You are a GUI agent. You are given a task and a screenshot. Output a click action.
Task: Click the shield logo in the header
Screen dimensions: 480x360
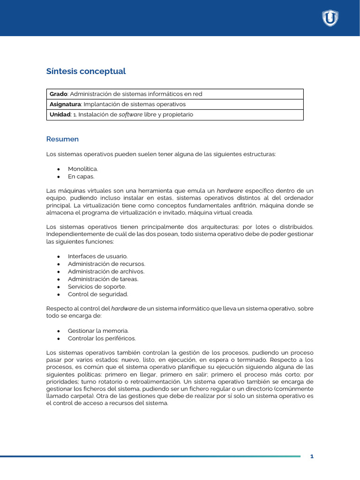330,18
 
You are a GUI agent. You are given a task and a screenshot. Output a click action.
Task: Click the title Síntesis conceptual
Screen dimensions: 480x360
86,71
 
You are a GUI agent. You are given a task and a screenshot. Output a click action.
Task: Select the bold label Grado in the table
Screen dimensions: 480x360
59,94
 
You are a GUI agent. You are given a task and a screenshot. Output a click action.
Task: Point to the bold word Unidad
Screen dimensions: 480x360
60,114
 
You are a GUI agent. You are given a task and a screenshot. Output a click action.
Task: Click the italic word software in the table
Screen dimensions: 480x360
130,114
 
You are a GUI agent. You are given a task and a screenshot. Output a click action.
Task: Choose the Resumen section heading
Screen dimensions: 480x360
62,139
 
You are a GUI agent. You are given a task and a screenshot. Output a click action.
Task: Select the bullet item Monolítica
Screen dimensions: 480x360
83,169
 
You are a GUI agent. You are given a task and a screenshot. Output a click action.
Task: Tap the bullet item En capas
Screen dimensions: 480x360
81,177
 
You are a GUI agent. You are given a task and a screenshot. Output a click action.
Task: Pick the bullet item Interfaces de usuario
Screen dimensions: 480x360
97,256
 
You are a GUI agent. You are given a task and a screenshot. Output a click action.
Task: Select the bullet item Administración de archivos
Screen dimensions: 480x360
106,271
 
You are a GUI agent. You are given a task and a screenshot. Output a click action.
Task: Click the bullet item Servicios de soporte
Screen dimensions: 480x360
97,286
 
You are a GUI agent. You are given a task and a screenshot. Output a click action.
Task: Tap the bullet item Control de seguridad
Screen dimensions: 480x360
97,294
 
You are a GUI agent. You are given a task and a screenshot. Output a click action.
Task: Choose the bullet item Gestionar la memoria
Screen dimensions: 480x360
98,331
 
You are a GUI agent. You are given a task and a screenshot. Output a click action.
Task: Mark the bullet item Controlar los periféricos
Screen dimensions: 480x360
102,338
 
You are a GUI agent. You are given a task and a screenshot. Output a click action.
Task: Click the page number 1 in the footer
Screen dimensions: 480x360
312,457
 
